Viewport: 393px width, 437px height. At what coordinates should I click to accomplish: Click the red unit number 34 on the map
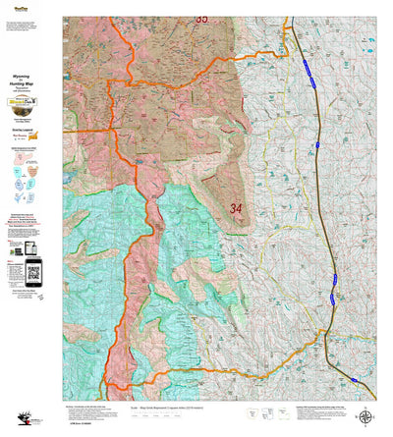click(x=235, y=208)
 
